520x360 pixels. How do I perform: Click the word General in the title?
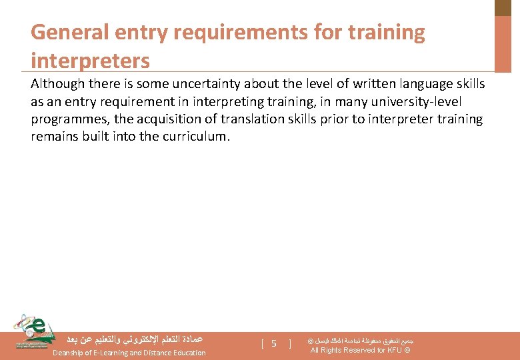pyautogui.click(x=65, y=32)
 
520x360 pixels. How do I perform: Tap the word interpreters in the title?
pyautogui.click(x=90, y=61)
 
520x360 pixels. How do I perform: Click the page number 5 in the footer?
pyautogui.click(x=273, y=344)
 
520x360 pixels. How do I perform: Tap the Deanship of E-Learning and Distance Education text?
pyautogui.click(x=129, y=353)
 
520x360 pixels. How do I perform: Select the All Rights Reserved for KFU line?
pyautogui.click(x=360, y=351)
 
